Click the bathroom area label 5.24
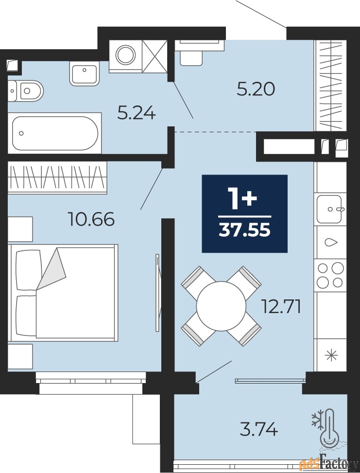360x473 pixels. [137, 114]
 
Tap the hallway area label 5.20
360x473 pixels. [256, 89]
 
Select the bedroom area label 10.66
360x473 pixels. [92, 219]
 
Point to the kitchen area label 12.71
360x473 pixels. [281, 307]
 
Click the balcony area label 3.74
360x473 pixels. [258, 429]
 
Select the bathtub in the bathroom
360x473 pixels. [55, 133]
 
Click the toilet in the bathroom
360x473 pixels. [25, 91]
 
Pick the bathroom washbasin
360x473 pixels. [85, 73]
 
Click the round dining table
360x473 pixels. [222, 306]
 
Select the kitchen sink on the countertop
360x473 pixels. [329, 209]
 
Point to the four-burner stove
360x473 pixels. [330, 275]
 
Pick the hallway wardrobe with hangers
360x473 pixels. [330, 85]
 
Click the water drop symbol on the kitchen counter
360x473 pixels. [330, 242]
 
